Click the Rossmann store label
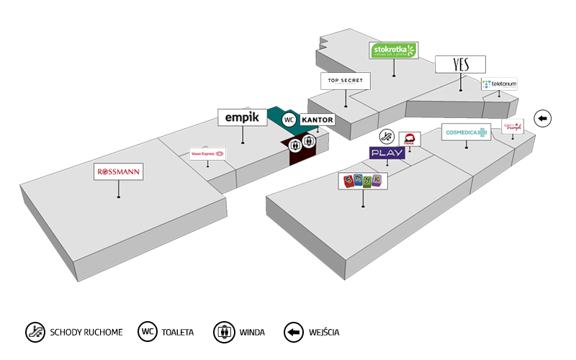(x=119, y=172)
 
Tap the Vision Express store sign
(x=207, y=153)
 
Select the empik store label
(x=242, y=117)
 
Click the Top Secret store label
(x=346, y=80)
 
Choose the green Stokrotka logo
(x=394, y=50)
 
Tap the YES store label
(x=461, y=64)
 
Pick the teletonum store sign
(x=499, y=84)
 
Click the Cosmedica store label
(x=465, y=132)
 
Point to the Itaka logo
(x=410, y=139)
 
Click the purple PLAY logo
(x=387, y=153)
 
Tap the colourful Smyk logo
(x=363, y=181)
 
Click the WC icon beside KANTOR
(x=289, y=120)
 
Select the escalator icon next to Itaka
(x=387, y=136)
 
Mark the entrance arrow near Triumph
(x=542, y=118)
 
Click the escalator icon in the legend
(x=35, y=332)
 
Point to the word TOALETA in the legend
(x=178, y=333)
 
